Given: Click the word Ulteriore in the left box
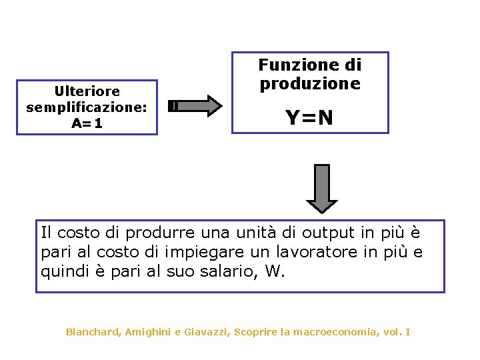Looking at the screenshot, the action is (87, 91).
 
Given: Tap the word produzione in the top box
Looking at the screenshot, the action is (310, 83).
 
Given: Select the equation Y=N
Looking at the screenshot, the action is (309, 118).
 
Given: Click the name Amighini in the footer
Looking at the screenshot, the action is (149, 331).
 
